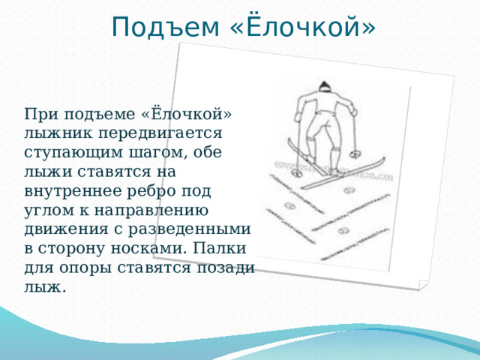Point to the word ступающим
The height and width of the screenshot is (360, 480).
point(72,152)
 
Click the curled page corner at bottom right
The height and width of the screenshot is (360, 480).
point(423,286)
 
